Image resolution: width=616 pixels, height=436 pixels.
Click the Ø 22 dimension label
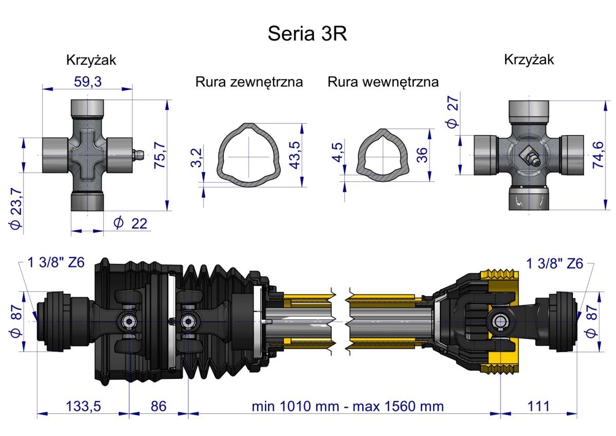129,223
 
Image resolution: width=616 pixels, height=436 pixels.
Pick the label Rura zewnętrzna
249,82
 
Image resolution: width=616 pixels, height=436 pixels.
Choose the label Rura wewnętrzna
383,82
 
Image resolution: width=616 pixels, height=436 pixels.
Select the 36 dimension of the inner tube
422,155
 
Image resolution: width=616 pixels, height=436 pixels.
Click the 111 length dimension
538,406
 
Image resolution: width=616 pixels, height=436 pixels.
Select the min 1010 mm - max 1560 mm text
348,406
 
